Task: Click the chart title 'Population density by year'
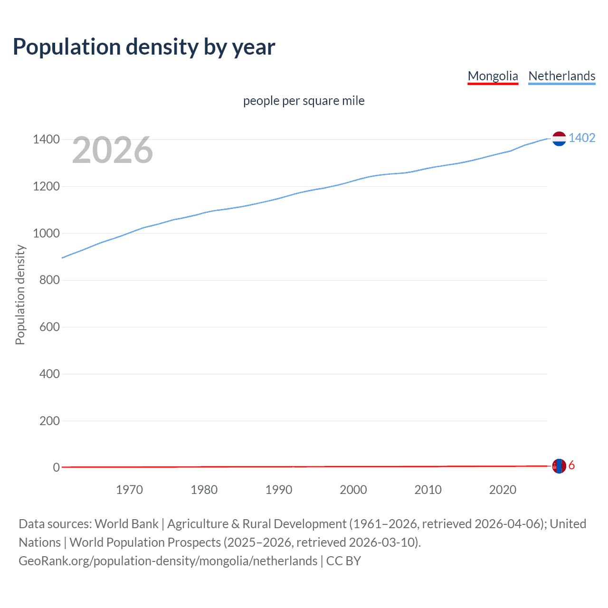(144, 47)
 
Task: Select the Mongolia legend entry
(493, 76)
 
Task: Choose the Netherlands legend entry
(561, 76)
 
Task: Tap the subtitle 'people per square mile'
(304, 101)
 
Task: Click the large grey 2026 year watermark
(113, 150)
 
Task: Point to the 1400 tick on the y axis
(46, 140)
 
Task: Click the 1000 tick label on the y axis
(46, 233)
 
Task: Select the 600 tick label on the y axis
(49, 327)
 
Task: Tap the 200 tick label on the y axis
(49, 421)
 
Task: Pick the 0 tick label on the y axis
(56, 467)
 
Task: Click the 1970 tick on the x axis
(129, 490)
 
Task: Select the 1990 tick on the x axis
(279, 490)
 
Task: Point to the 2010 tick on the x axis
(428, 490)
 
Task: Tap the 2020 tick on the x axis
(503, 490)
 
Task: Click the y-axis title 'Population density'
(20, 294)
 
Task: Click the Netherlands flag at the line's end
(559, 139)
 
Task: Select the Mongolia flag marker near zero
(559, 466)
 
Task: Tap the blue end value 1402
(582, 138)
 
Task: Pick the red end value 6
(571, 465)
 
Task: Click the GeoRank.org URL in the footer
(168, 561)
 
